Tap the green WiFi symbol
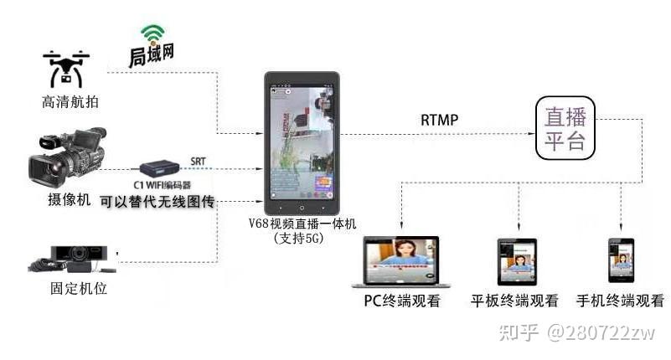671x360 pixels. tap(151, 34)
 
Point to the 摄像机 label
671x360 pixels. tap(66, 201)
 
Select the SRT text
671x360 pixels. tap(199, 161)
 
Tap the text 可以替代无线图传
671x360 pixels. tap(157, 201)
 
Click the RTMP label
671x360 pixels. tap(439, 120)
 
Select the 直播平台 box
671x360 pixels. tap(565, 127)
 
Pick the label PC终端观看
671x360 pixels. tap(401, 301)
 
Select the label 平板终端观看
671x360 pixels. tap(514, 301)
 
